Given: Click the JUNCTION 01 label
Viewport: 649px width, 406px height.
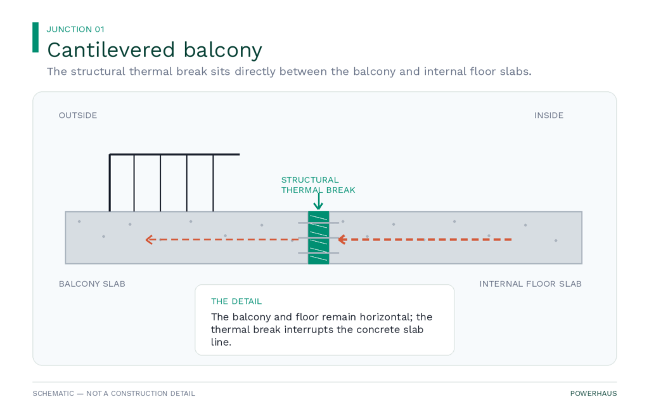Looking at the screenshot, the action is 75,29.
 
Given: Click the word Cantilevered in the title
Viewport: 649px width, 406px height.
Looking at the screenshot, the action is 111,49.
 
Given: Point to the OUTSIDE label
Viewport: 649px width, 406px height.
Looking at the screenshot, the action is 78,115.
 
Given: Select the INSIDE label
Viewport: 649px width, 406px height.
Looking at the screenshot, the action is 548,115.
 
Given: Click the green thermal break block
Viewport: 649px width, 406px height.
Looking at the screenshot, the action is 318,238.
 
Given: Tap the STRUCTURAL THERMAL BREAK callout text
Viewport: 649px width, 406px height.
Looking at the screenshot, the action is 318,185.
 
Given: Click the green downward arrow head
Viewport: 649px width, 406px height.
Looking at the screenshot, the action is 318,206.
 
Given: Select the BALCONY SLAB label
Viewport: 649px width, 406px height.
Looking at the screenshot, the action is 92,284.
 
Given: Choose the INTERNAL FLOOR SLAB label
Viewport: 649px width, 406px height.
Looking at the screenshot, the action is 530,284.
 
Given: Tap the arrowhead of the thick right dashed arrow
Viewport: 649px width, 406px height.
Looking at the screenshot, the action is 342,239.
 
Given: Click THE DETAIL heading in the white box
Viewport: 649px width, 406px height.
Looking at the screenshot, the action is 236,301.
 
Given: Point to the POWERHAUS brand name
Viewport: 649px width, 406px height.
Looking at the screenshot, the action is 593,393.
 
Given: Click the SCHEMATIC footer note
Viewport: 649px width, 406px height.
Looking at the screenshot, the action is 114,393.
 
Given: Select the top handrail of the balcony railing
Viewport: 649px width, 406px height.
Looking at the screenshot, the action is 174,155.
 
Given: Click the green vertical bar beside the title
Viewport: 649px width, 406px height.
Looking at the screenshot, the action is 35,37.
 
